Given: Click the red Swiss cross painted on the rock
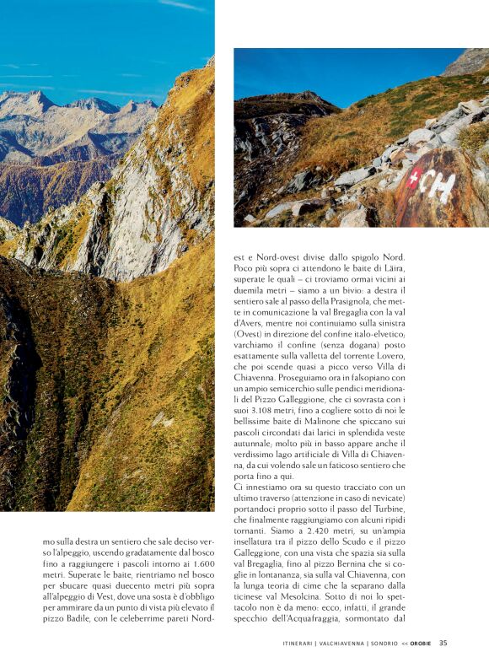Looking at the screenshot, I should pos(413,179).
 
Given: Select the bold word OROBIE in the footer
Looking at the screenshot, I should pos(422,644).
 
